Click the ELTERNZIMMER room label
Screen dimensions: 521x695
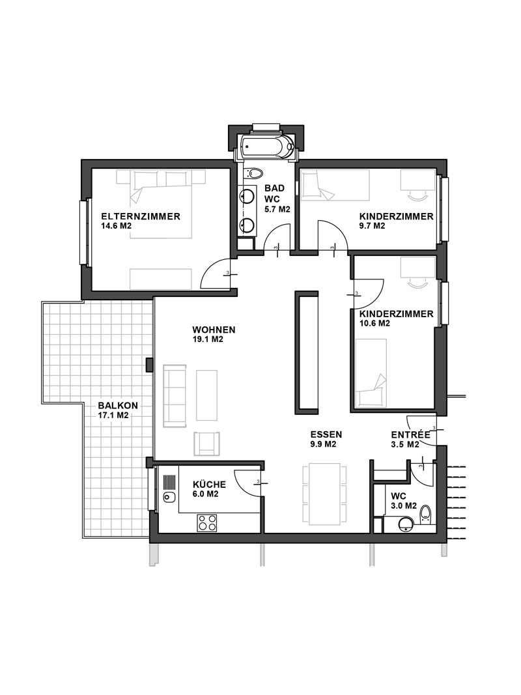pos(141,217)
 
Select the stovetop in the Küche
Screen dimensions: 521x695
pos(207,522)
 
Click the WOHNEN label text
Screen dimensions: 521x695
pos(214,330)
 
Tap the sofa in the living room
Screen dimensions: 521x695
pos(174,396)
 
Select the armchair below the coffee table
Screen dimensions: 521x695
pos(206,443)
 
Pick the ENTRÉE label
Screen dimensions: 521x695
pos(411,435)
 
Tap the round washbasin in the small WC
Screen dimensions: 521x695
pos(406,525)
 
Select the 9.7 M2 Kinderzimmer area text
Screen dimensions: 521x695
pos(372,226)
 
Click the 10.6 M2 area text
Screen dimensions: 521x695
pos(375,324)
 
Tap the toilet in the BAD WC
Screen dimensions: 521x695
pos(254,173)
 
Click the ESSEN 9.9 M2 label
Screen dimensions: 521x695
pos(326,440)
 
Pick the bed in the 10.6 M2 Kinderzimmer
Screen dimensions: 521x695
pos(371,373)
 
